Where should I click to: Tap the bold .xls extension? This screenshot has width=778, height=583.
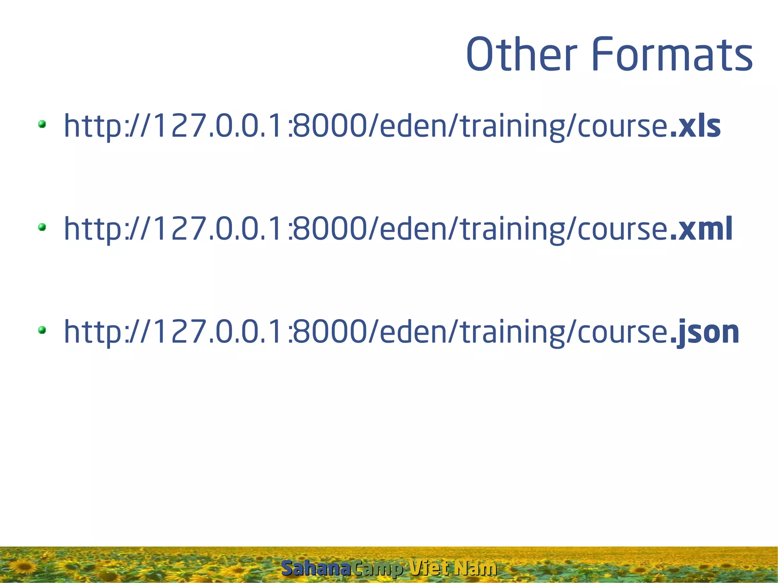coord(695,126)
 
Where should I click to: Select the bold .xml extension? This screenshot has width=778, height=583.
coord(701,229)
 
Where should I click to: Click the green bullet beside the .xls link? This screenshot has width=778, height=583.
coord(42,124)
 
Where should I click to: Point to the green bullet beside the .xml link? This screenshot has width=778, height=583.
coord(42,227)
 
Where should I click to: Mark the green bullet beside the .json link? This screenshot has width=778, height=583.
coord(42,330)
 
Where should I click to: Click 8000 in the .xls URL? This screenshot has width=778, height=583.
coord(329,126)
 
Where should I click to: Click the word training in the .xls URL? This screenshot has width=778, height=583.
coord(512,127)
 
